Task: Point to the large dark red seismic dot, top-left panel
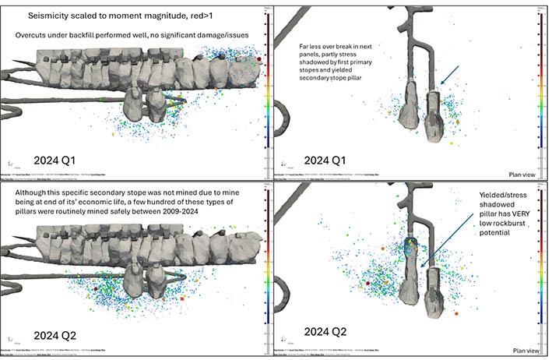click(259, 58)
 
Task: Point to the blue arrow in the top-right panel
click(450, 76)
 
